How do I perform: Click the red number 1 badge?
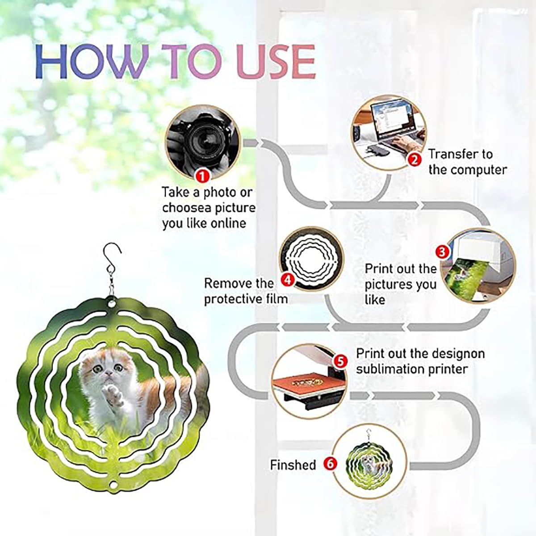click(x=203, y=176)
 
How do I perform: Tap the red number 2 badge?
click(x=415, y=159)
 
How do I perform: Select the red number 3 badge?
click(x=442, y=252)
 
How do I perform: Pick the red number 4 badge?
click(x=287, y=280)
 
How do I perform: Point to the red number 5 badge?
click(x=340, y=361)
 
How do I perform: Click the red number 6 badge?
click(x=330, y=464)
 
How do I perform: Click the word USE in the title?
click(x=277, y=63)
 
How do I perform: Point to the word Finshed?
click(x=293, y=465)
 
